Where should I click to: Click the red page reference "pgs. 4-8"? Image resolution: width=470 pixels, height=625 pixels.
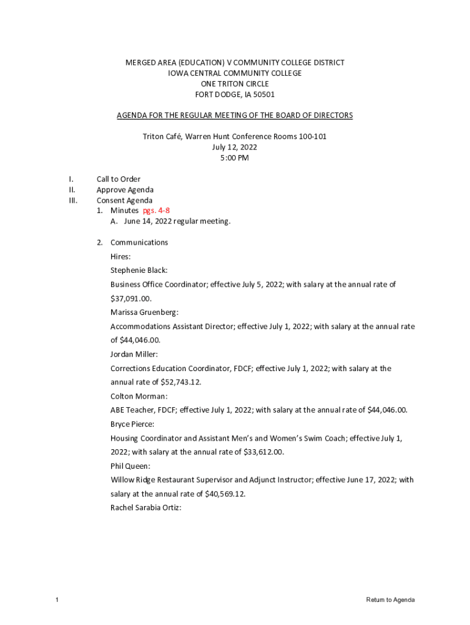tap(156, 211)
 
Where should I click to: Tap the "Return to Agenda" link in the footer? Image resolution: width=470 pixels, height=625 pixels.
tap(390, 600)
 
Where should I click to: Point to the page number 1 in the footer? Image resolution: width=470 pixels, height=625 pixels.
tap(57, 600)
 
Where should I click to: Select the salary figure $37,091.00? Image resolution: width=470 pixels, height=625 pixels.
tap(131, 298)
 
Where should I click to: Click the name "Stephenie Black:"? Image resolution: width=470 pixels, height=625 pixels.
tap(139, 270)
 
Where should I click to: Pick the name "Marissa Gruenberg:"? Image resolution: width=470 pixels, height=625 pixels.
tap(145, 312)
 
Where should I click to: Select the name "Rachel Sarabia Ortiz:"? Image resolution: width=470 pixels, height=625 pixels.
tap(146, 508)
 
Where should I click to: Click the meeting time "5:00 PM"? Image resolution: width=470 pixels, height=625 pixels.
tap(234, 158)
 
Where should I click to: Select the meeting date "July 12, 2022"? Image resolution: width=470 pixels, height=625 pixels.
tap(234, 147)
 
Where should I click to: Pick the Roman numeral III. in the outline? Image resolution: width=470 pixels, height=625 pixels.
tap(73, 200)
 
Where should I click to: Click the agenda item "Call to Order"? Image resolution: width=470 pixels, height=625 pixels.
tap(118, 179)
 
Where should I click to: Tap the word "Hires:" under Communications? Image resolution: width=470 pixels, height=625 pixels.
tap(120, 256)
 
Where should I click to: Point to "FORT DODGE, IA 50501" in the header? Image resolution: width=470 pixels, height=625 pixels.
tap(234, 95)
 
